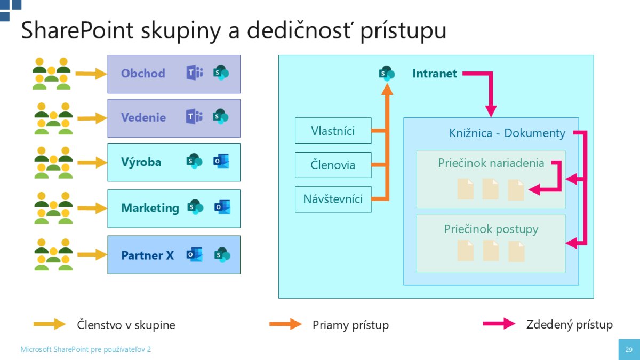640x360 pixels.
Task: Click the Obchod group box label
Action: pos(143,74)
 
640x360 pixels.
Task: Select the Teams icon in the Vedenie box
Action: pos(194,117)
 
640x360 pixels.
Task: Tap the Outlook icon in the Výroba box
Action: pos(221,162)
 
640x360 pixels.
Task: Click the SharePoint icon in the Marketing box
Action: pos(195,207)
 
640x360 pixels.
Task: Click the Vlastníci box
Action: pos(333,131)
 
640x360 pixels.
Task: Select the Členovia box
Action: pos(333,165)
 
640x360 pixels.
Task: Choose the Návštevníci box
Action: pos(333,199)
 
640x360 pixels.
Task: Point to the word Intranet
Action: pos(434,74)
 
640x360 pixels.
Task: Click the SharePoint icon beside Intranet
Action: pos(387,73)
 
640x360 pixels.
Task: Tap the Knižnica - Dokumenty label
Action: pos(507,133)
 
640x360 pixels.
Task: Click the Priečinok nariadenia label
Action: pos(491,163)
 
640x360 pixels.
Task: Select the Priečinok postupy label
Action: pos(491,229)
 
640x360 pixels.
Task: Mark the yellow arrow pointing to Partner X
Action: pos(91,255)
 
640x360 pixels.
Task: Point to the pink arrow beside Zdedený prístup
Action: pos(499,324)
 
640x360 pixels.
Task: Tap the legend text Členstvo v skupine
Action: pos(126,324)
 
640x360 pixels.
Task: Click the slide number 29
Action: pos(629,350)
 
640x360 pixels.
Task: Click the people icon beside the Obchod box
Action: pos(52,74)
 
